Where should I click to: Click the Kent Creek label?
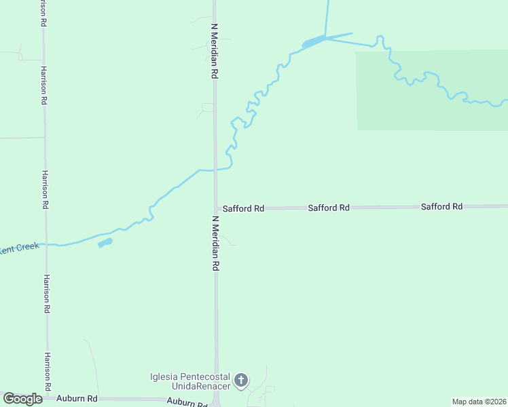click(19, 248)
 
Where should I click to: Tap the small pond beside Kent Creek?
click(105, 242)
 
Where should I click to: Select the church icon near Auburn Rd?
click(241, 381)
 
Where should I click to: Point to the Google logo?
click(22, 399)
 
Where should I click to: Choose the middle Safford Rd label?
click(329, 208)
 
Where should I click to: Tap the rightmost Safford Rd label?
click(441, 206)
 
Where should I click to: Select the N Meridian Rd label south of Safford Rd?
click(215, 244)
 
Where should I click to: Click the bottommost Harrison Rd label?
click(48, 372)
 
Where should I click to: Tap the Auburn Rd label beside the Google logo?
click(77, 399)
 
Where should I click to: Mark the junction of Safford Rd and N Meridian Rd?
click(216, 209)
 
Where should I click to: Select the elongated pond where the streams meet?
click(313, 42)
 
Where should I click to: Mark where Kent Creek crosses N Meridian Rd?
click(215, 170)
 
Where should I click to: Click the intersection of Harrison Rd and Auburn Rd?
click(48, 399)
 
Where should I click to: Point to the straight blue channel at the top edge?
click(327, 17)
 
